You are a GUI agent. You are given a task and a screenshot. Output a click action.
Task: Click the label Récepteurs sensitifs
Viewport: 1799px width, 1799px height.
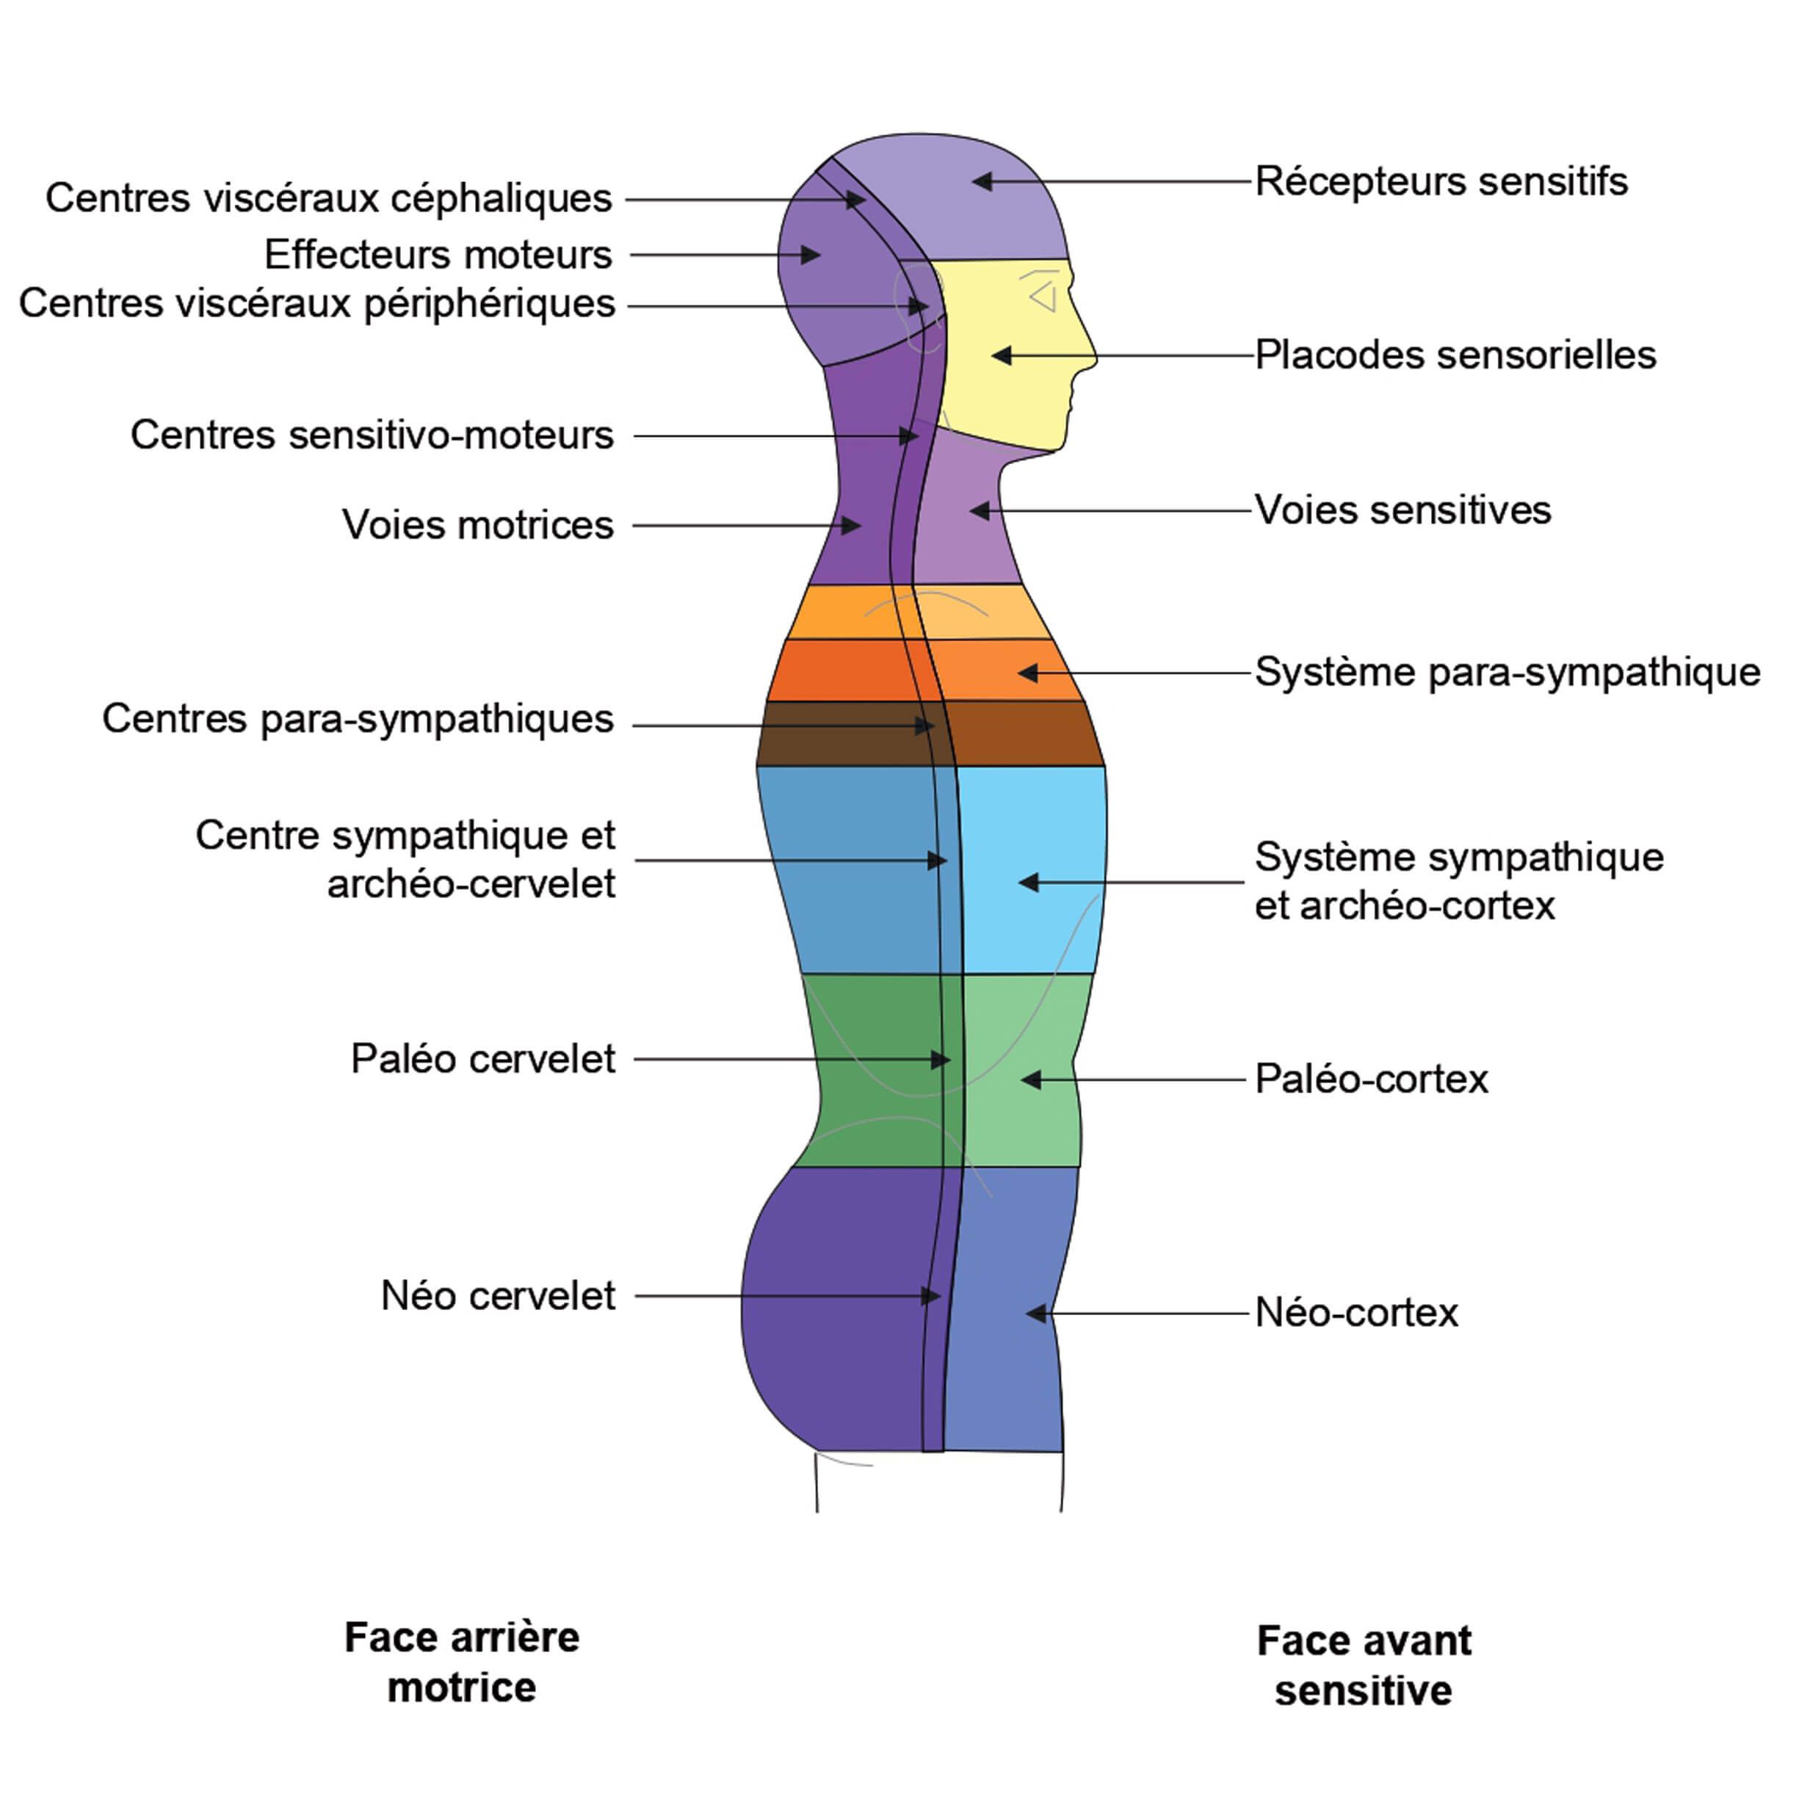(x=1441, y=181)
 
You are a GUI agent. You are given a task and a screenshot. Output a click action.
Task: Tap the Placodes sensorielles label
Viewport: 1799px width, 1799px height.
(x=1455, y=355)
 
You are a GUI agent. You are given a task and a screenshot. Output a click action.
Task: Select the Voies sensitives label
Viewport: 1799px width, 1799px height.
(x=1402, y=510)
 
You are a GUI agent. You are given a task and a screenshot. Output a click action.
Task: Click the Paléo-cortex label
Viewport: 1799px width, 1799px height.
(x=1371, y=1079)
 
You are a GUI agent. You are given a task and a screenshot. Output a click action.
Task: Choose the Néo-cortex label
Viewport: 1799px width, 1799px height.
(x=1355, y=1313)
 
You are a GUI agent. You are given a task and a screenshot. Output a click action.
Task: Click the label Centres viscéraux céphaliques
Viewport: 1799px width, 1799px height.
(x=329, y=198)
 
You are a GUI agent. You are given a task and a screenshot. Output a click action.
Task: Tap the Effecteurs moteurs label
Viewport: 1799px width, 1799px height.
(x=438, y=254)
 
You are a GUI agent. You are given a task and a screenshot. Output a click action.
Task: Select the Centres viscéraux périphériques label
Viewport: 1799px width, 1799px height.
(x=316, y=303)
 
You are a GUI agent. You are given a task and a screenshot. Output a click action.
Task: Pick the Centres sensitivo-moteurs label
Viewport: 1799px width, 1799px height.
(x=372, y=435)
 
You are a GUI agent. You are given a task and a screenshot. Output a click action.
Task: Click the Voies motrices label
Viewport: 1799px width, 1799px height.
(x=478, y=525)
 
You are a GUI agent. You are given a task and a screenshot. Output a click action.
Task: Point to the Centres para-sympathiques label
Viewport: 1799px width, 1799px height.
(x=358, y=719)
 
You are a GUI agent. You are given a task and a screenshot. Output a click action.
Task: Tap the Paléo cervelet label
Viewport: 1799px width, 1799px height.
(x=482, y=1059)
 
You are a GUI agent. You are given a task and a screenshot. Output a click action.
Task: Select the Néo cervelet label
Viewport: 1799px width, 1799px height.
(x=498, y=1295)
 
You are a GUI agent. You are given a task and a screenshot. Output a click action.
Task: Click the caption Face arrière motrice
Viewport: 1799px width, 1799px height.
(x=462, y=1662)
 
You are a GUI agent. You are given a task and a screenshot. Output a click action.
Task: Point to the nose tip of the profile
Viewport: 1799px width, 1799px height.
(x=1097, y=358)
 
